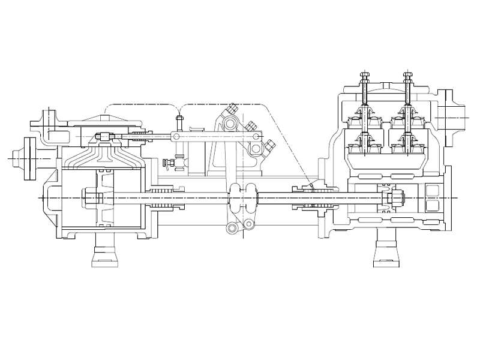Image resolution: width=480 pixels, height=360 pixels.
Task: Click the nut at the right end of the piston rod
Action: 397,197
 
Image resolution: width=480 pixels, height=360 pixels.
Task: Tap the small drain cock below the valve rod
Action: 170,163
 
